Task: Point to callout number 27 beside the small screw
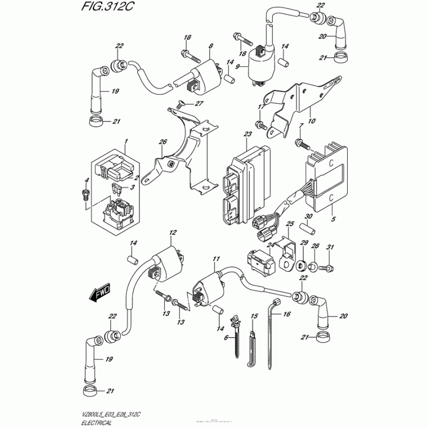point(200,103)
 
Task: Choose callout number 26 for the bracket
point(163,142)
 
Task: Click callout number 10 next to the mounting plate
point(312,121)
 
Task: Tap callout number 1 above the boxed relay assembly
point(126,141)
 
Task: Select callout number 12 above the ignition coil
point(172,233)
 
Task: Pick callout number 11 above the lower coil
point(216,259)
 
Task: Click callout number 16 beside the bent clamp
point(287,315)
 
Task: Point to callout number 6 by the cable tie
point(226,338)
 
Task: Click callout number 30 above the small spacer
point(308,216)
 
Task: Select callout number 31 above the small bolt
point(330,246)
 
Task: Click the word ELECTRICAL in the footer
point(98,422)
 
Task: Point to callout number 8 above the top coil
point(211,47)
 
